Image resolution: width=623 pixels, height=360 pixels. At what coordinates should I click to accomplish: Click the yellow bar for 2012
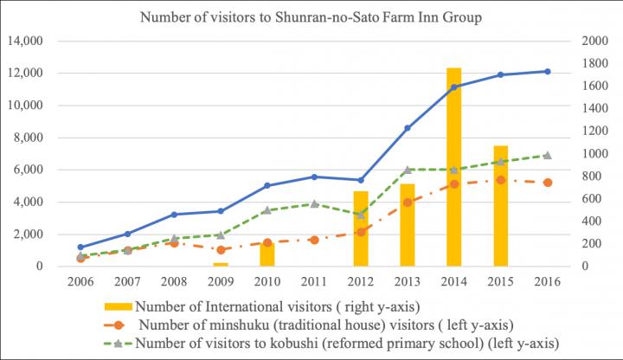click(361, 228)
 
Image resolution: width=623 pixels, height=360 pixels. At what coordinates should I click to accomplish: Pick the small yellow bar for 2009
click(221, 264)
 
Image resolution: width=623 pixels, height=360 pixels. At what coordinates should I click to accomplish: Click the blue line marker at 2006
click(80, 247)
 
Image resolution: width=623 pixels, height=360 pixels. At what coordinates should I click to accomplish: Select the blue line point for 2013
click(408, 128)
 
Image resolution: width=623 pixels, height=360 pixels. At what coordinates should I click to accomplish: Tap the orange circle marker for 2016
click(548, 183)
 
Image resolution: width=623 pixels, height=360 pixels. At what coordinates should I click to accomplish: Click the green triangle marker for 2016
click(548, 156)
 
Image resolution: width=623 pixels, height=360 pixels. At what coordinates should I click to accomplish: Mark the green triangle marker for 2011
click(314, 204)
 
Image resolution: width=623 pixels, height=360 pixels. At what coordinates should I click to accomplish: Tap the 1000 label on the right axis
click(590, 154)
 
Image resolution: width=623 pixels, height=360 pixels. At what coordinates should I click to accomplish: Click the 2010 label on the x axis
click(267, 281)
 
